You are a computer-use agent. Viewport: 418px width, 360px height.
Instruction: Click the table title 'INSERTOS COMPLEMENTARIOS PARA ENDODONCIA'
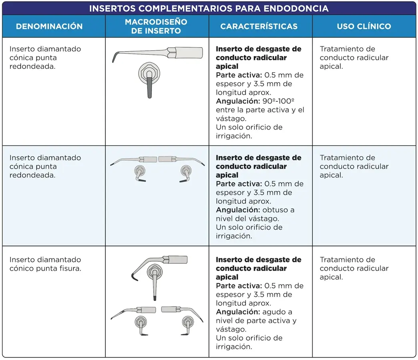click(x=209, y=8)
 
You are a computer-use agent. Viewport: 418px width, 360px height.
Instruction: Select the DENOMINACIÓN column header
click(x=49, y=26)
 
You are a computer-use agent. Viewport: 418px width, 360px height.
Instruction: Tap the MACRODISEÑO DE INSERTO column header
click(x=156, y=26)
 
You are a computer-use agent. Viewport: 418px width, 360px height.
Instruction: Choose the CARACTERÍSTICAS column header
click(x=259, y=26)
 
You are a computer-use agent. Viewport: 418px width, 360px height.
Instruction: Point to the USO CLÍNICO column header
click(x=364, y=26)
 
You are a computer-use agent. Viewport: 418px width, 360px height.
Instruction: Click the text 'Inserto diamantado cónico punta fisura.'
click(x=45, y=264)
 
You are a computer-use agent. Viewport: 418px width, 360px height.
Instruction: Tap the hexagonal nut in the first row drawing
click(x=148, y=73)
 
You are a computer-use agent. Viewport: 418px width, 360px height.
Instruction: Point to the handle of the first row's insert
click(x=188, y=52)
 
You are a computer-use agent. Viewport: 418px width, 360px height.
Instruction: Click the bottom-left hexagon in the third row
click(x=140, y=321)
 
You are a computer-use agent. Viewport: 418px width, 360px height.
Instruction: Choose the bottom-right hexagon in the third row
click(x=187, y=321)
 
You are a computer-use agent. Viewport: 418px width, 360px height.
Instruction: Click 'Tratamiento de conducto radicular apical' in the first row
click(x=354, y=58)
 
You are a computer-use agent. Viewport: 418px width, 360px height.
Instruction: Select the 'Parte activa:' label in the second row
click(x=239, y=184)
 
